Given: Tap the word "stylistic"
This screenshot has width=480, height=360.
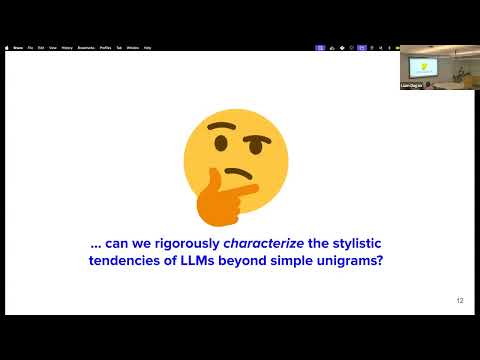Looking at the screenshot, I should point(358,243).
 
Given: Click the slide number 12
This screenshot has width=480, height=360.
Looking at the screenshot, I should point(459,300).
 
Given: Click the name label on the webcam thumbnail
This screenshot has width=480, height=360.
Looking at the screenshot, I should point(413,88).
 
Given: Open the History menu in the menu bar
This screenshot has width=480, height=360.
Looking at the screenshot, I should point(66,47).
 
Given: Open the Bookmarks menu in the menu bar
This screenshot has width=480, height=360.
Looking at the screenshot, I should point(85,47).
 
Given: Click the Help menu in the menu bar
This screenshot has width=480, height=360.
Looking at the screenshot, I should point(147,47).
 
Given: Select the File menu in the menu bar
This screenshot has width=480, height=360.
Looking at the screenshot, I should point(31,47).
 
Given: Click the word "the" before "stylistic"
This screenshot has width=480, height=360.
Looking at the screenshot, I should point(315,243).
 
